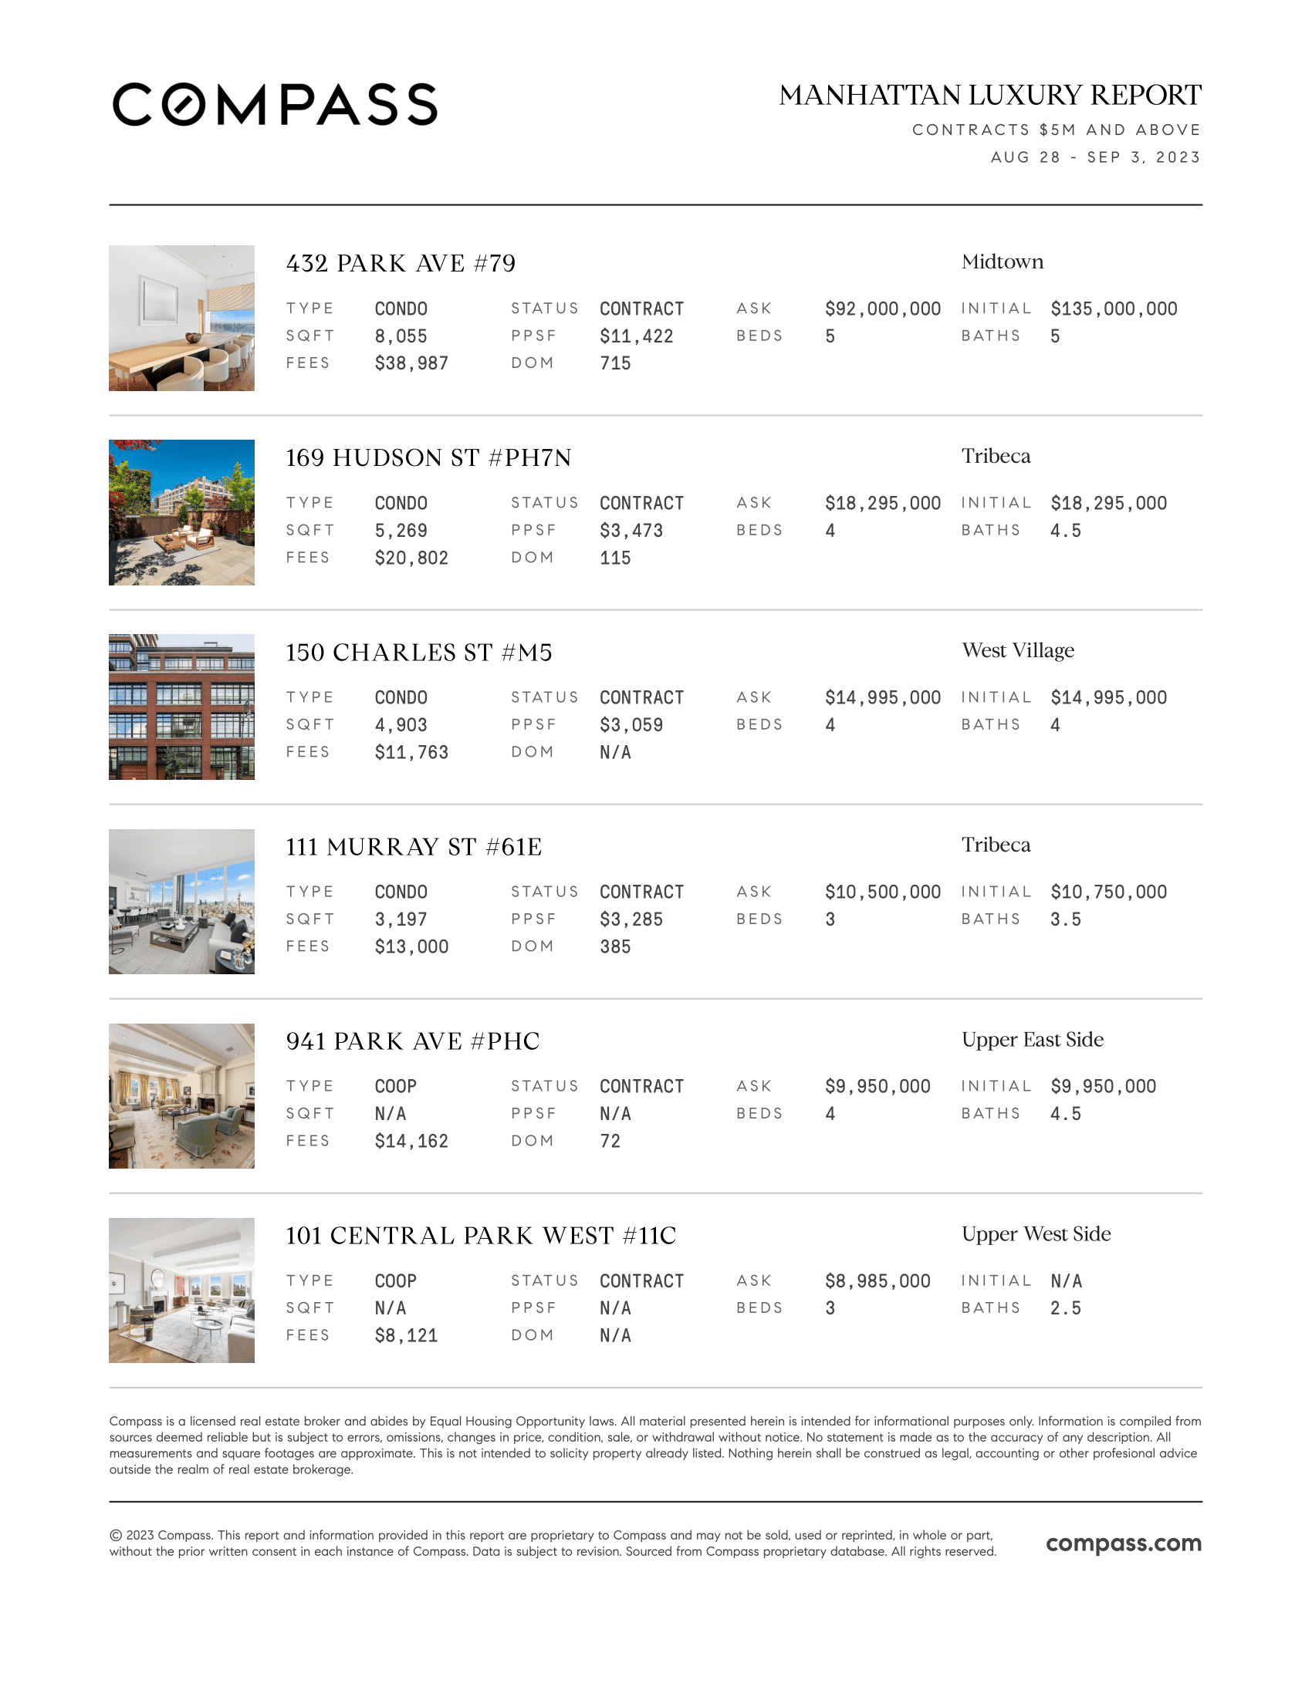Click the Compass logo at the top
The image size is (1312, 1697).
[x=275, y=104]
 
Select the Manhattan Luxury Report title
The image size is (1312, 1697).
[x=989, y=96]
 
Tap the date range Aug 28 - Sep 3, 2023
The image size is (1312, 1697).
[x=1094, y=157]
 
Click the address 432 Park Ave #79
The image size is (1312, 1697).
[x=401, y=263]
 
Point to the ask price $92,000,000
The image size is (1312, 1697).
[x=882, y=309]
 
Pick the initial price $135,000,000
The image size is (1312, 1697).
[x=1113, y=309]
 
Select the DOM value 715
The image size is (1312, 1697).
[x=615, y=363]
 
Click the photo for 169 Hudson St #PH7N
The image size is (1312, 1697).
[x=182, y=512]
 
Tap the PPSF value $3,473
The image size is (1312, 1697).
[x=631, y=531]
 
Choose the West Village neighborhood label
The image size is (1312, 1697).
[x=1017, y=650]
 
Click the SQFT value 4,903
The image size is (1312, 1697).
[x=401, y=725]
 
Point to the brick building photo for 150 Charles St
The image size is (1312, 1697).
[x=182, y=707]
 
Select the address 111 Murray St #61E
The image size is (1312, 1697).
[x=414, y=846]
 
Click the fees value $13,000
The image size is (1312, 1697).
[x=411, y=946]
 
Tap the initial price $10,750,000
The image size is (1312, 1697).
[x=1107, y=892]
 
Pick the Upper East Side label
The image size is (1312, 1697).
[x=1032, y=1040]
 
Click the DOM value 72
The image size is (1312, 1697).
[x=610, y=1141]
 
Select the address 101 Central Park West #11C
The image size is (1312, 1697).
[x=480, y=1236]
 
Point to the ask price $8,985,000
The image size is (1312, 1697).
[x=877, y=1280]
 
